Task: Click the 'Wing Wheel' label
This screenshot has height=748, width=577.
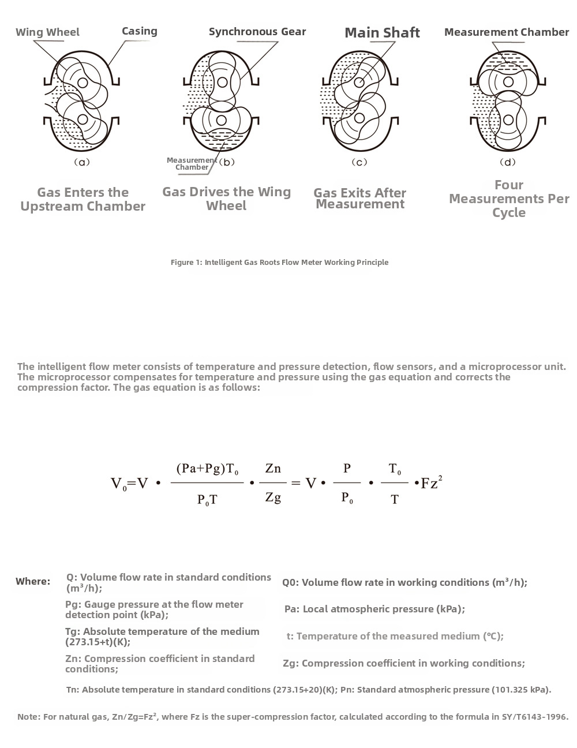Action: (x=47, y=32)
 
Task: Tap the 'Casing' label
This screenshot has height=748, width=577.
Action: (x=139, y=31)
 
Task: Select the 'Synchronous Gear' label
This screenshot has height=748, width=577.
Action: (x=257, y=32)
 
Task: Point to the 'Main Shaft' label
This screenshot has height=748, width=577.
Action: (x=382, y=33)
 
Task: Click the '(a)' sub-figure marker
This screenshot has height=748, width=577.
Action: (x=83, y=162)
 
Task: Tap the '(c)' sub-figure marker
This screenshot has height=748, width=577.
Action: (x=359, y=162)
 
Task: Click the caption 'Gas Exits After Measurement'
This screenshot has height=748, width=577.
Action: (x=360, y=198)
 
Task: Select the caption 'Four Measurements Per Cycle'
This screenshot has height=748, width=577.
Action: (x=509, y=199)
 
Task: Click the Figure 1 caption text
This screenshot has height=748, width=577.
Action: (x=279, y=263)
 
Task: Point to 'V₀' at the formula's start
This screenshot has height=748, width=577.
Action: (x=118, y=484)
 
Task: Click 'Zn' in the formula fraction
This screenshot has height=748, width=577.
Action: (x=273, y=468)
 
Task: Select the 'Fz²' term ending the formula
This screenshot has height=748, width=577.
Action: (x=431, y=483)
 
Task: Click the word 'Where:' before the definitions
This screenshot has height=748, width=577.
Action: (x=33, y=581)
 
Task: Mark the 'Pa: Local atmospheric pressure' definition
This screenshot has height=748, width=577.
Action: (x=374, y=609)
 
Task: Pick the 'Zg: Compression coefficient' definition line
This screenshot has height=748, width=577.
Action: (x=404, y=663)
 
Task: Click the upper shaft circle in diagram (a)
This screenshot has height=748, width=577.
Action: (x=83, y=83)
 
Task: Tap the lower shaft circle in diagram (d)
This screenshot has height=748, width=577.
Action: (x=508, y=120)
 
